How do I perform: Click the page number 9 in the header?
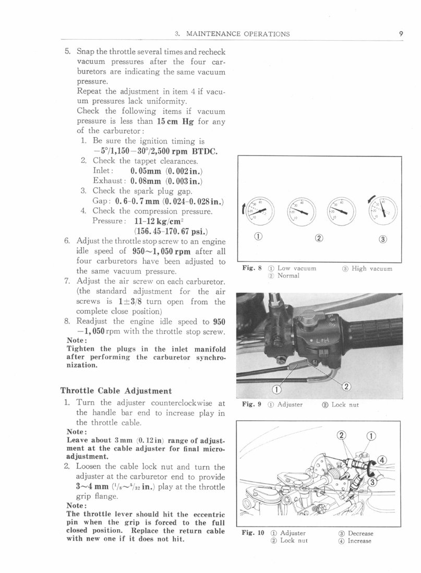pyautogui.click(x=400, y=34)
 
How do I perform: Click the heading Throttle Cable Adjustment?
pyautogui.click(x=116, y=390)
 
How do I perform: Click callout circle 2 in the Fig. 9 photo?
pyautogui.click(x=346, y=386)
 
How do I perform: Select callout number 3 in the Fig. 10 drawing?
pyautogui.click(x=372, y=482)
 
